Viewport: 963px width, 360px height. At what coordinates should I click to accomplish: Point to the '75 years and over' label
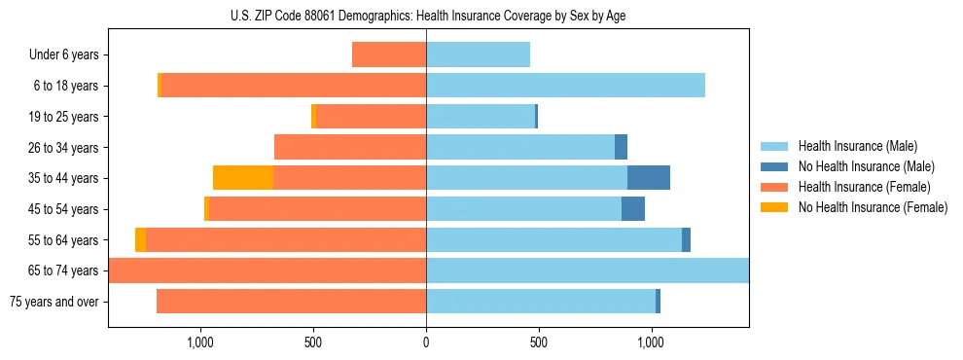(x=54, y=302)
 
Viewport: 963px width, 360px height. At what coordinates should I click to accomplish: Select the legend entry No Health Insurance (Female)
(x=873, y=207)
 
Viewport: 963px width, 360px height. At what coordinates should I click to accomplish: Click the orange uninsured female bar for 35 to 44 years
(x=243, y=178)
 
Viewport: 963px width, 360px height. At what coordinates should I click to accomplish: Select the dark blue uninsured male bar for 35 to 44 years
(x=649, y=178)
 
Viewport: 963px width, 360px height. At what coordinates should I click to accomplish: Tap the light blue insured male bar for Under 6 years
(x=478, y=55)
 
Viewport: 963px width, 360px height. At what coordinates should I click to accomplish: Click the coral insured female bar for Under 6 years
(x=389, y=55)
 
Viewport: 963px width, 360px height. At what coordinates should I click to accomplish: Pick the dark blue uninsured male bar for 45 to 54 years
(x=633, y=209)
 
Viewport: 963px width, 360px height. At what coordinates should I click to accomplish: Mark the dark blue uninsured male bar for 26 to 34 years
(x=621, y=147)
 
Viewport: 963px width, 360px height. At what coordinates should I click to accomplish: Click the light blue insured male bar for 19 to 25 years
(x=481, y=117)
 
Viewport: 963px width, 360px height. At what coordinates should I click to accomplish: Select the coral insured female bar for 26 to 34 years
(x=350, y=147)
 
